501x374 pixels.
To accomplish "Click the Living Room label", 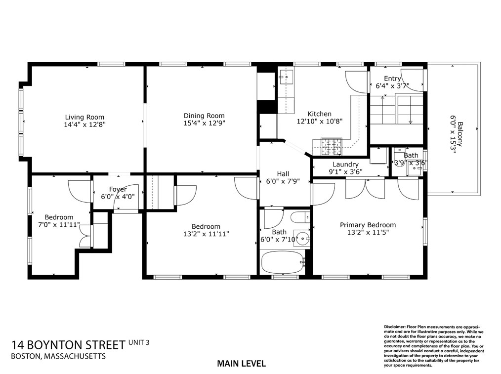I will coord(85,117).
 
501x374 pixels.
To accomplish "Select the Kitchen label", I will coord(319,114).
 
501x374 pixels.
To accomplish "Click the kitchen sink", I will coord(286,77).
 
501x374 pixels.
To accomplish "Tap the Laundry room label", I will coord(345,165).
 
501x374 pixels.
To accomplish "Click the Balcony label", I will coord(460,132).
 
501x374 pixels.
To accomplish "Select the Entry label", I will coord(392,79).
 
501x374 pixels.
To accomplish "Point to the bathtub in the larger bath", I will coord(283,262).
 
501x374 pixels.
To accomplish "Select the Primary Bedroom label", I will coord(368,225).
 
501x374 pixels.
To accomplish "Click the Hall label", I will coord(283,173).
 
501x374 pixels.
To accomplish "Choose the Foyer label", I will coord(118,189).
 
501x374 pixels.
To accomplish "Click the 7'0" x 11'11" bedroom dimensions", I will coord(59,225).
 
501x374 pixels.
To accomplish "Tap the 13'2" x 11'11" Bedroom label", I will coord(206,226).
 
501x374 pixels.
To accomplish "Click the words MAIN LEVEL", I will coord(241,364).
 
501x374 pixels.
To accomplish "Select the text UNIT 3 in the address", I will coord(139,341).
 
